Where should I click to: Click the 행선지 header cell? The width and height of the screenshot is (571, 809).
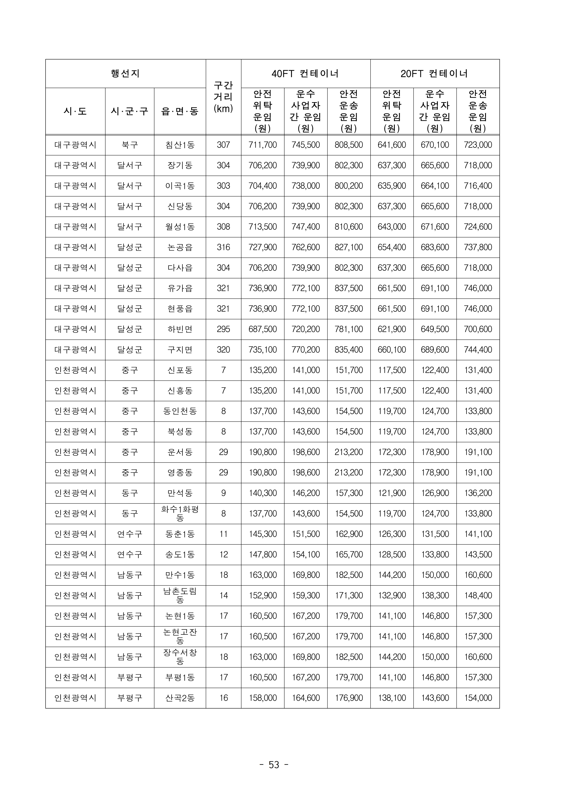tap(125, 74)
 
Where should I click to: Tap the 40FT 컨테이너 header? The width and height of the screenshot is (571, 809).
tap(305, 74)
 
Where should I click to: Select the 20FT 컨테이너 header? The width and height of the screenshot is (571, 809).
tap(434, 74)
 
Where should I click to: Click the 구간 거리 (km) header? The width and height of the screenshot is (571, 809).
tap(223, 97)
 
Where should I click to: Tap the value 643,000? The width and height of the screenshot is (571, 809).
tap(391, 227)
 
